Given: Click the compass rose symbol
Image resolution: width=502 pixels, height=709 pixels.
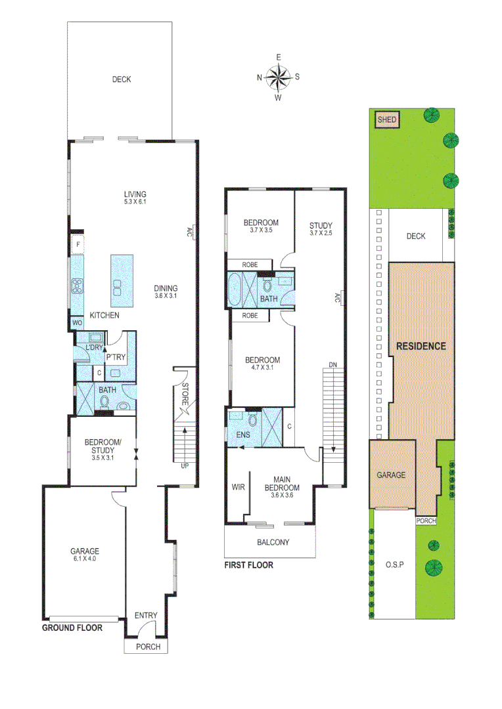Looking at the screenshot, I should coord(279,77).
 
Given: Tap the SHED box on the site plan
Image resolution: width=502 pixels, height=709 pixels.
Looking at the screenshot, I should coord(386,119).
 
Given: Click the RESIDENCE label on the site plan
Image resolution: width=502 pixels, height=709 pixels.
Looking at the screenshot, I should coord(421,346).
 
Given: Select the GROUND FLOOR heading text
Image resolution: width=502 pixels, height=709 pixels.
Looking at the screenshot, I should coord(72,628).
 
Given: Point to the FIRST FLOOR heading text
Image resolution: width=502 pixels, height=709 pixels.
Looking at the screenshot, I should coord(248,565).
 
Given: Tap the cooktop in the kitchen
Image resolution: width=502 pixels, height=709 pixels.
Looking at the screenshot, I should coord(77,286).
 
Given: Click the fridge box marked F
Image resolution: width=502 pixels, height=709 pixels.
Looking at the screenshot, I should coord(78,245).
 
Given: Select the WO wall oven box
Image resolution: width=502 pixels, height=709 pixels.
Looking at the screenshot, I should coord(77,323).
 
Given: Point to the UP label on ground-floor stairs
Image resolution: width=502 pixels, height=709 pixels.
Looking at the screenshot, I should coord(185,466).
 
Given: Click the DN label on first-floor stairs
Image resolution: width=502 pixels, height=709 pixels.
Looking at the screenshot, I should coord(333,365).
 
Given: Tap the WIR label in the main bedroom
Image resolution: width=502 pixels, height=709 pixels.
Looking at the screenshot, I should coord(237,488).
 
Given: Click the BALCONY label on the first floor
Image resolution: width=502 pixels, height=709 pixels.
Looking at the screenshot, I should coord(273,542).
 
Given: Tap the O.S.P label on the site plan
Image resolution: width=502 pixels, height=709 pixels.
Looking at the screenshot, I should coord(394,565).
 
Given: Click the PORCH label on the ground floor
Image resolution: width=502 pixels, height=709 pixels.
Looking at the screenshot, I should coord(147,647).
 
